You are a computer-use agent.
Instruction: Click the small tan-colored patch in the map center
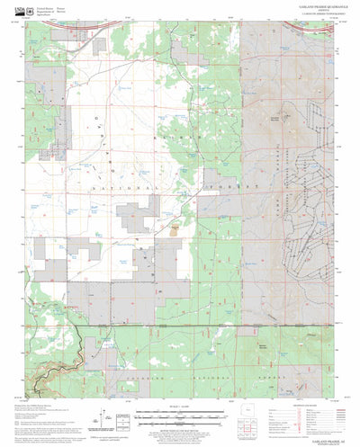[x=173, y=229]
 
